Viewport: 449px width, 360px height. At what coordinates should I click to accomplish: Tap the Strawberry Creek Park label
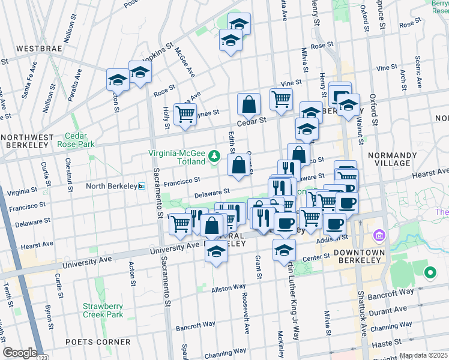(103, 310)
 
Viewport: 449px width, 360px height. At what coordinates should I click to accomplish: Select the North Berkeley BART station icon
(142, 186)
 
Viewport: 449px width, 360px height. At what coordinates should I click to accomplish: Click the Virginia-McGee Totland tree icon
(214, 157)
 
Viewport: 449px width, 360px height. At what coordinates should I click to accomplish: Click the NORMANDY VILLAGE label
(394, 159)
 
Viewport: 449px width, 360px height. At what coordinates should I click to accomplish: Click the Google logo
(19, 353)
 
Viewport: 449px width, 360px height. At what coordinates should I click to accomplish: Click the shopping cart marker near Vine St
(281, 99)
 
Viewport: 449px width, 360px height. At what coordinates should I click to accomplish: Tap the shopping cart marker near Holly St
(185, 114)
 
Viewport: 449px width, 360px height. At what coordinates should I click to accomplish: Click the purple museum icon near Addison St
(378, 234)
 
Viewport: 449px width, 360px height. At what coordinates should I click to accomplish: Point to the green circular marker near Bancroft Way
(429, 274)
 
